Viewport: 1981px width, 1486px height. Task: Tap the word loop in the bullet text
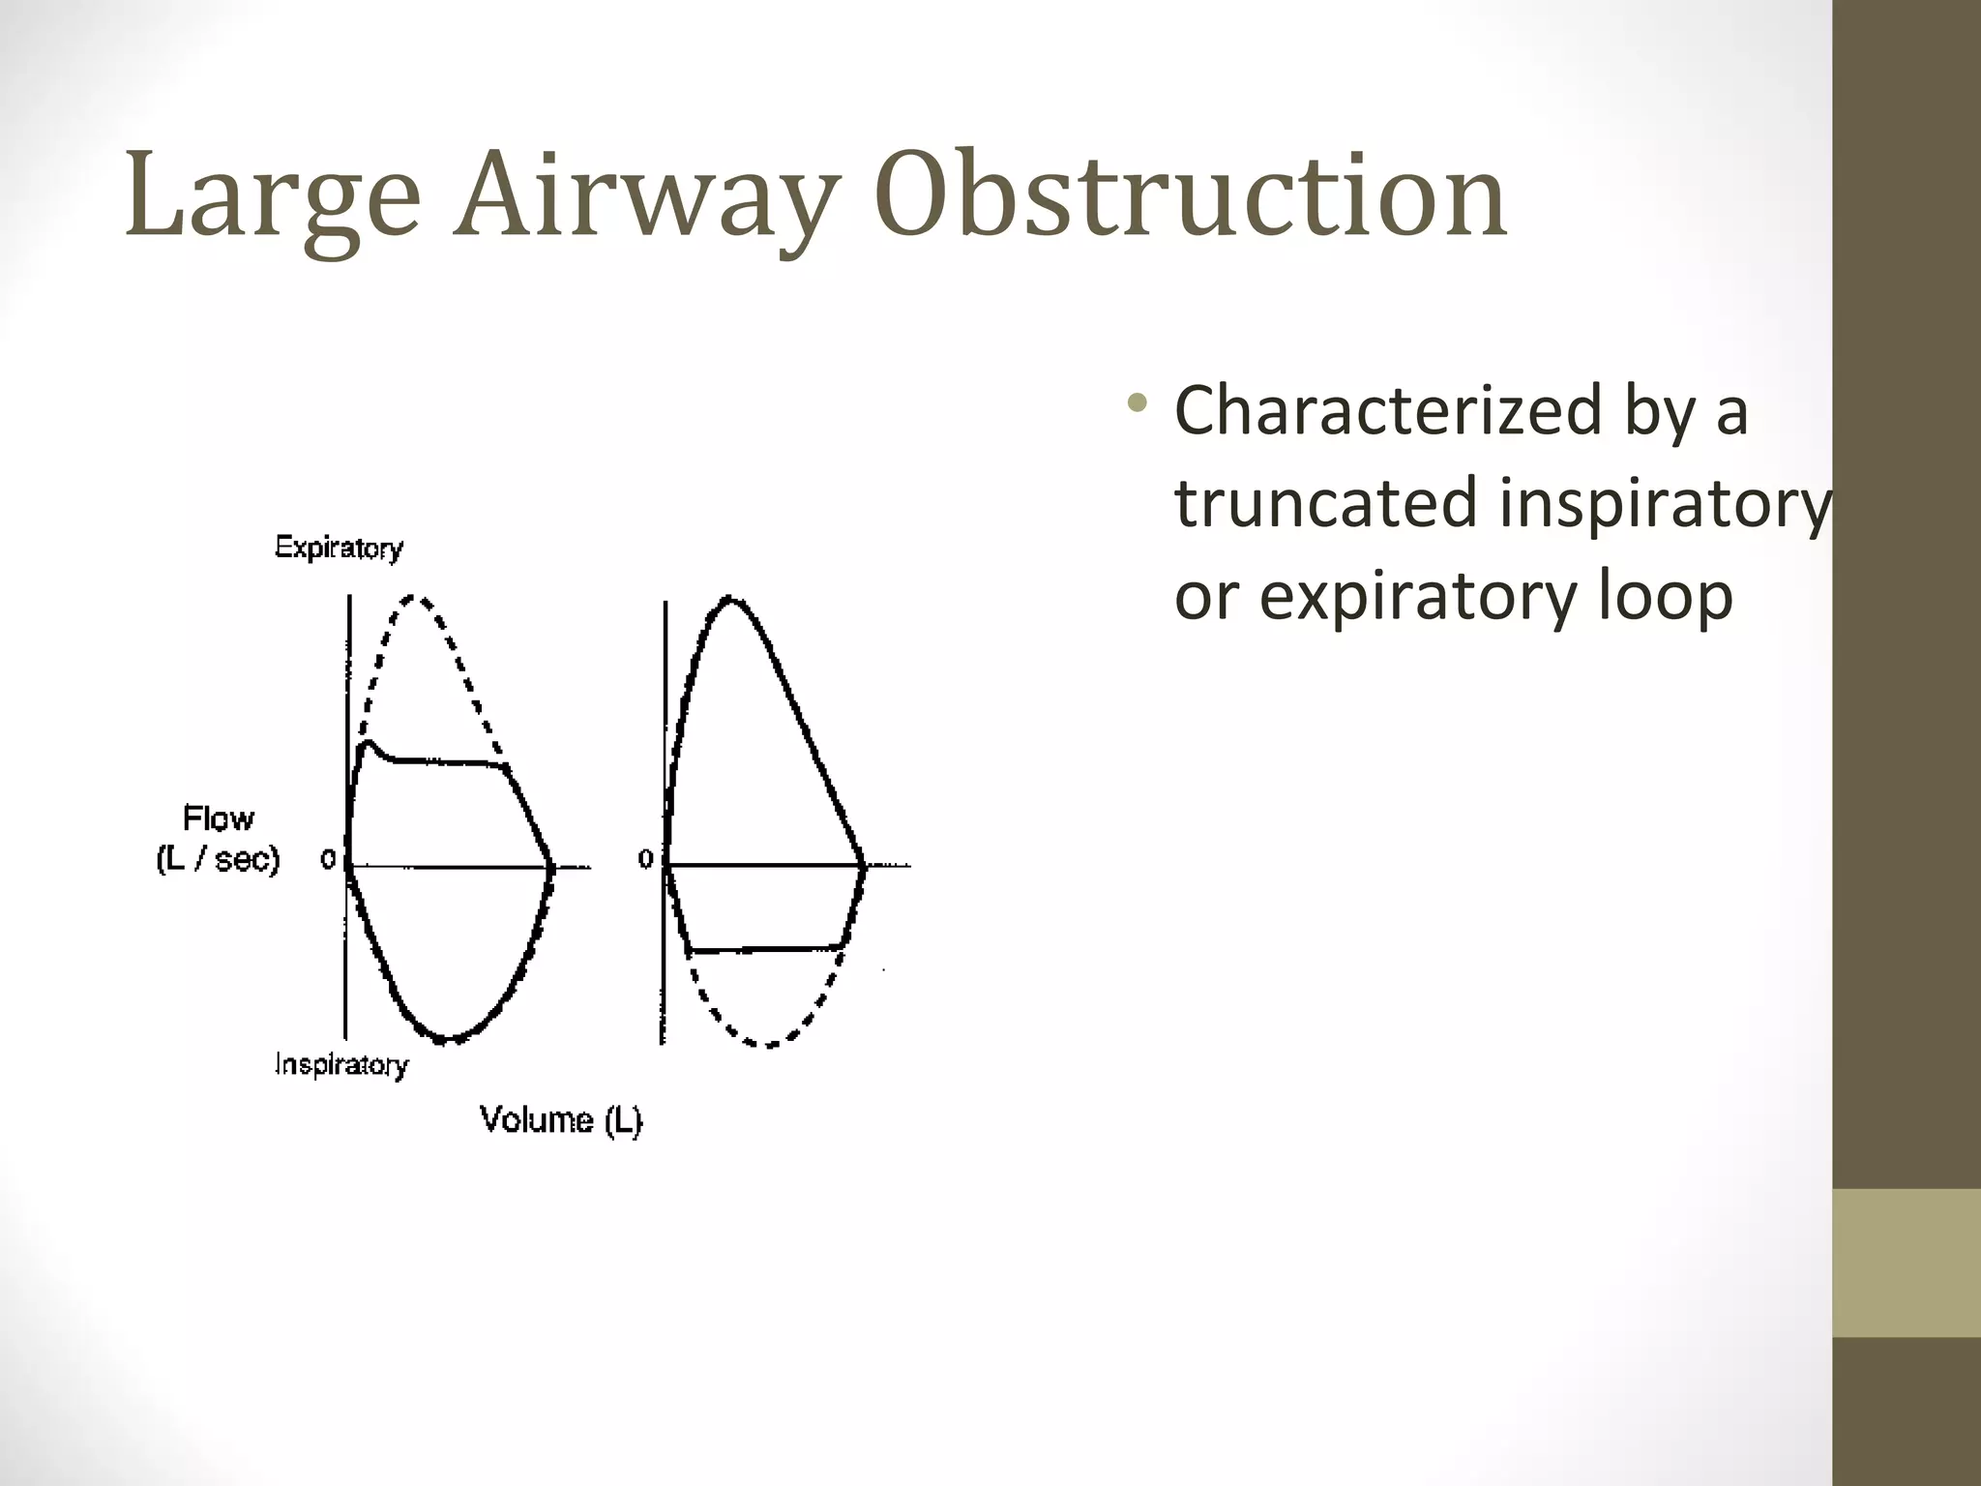tap(1664, 597)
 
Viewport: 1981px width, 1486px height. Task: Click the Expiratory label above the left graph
tap(339, 549)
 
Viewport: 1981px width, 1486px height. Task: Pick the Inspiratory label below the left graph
tap(341, 1065)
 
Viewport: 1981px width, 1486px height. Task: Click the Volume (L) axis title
tap(561, 1120)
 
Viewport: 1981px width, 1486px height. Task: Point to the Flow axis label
tap(219, 818)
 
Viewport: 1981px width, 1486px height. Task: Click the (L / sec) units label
tap(218, 859)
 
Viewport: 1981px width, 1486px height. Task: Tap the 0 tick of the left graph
tap(328, 859)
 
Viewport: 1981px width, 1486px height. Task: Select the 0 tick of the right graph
tap(645, 859)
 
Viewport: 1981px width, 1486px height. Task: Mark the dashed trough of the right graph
tap(767, 1045)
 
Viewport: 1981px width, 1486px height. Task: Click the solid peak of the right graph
tap(730, 600)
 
